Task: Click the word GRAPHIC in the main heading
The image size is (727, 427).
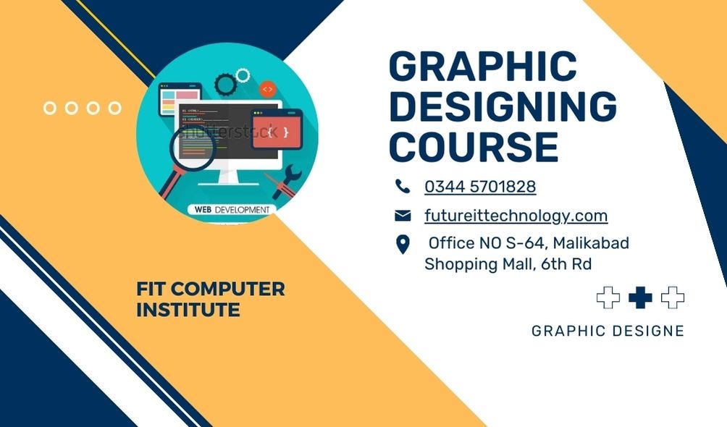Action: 483,67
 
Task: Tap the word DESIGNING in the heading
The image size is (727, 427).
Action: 503,107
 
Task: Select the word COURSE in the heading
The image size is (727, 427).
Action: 474,146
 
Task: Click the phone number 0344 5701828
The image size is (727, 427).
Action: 480,187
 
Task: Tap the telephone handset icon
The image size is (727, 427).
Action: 403,187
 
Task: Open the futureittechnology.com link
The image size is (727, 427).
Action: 516,216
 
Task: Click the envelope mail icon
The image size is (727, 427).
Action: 403,216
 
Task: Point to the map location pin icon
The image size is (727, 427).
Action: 403,245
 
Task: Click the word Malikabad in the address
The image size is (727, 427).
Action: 591,243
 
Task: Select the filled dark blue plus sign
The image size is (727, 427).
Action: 640,297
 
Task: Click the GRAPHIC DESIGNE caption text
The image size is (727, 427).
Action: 608,331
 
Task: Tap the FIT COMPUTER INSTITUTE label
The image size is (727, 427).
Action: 210,300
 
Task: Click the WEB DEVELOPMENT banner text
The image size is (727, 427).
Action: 232,210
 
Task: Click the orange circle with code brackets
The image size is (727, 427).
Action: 267,89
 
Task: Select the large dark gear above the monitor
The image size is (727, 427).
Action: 225,83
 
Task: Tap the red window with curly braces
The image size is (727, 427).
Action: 277,130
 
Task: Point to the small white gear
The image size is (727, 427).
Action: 243,75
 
